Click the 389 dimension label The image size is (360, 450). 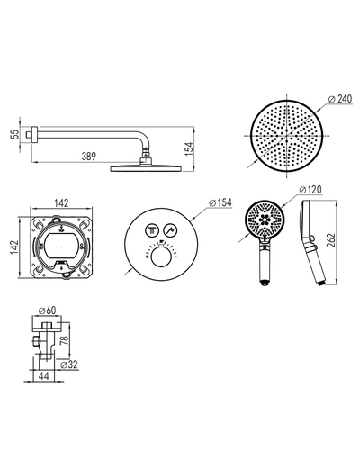coord(89,157)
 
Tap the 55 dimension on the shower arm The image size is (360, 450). coord(15,134)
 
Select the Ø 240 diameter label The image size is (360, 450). coord(340,99)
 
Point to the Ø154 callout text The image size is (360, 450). coord(220,202)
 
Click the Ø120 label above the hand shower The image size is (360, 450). coord(310,190)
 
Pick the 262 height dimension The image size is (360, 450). coord(330,240)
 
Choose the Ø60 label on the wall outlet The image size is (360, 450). coord(48,310)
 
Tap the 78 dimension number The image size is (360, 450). coord(64,340)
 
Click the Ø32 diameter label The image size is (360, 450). coord(69,364)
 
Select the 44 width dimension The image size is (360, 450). coord(44,376)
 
